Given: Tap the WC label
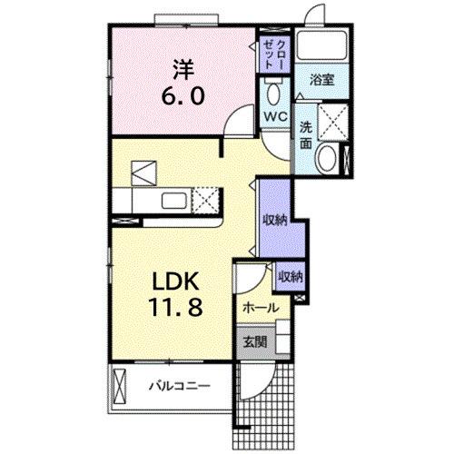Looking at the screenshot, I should (x=273, y=117).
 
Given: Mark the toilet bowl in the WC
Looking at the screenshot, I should (x=273, y=93).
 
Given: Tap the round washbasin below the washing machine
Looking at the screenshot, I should (x=324, y=160).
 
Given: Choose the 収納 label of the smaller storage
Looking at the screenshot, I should (x=290, y=276).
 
